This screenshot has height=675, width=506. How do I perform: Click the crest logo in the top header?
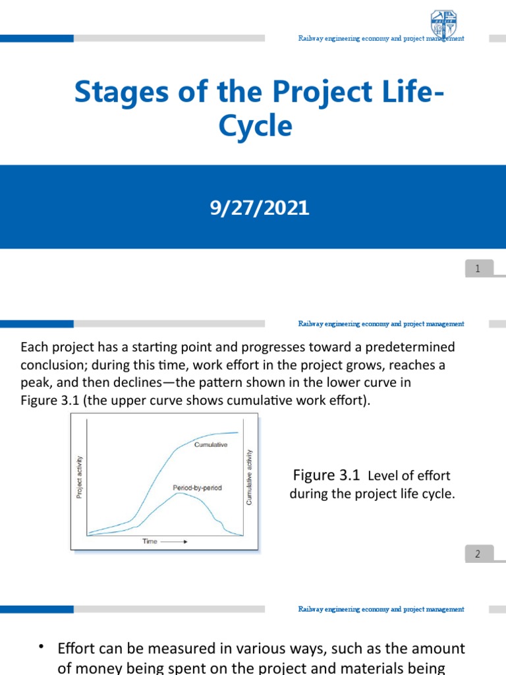[x=443, y=23]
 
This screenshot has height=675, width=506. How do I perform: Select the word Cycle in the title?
[x=255, y=125]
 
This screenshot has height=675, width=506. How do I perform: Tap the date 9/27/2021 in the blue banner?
[x=258, y=209]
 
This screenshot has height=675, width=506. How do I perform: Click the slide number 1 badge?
[x=478, y=268]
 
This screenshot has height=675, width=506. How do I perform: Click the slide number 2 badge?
[x=478, y=554]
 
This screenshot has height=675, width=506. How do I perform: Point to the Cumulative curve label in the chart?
[x=210, y=445]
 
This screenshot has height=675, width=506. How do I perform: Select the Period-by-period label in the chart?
[x=197, y=488]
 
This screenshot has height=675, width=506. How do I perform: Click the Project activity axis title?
[x=80, y=477]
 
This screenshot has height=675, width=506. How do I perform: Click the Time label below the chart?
[x=150, y=541]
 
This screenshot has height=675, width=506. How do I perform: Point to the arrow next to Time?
[x=175, y=541]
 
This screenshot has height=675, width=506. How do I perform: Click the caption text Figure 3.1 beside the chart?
[x=327, y=475]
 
